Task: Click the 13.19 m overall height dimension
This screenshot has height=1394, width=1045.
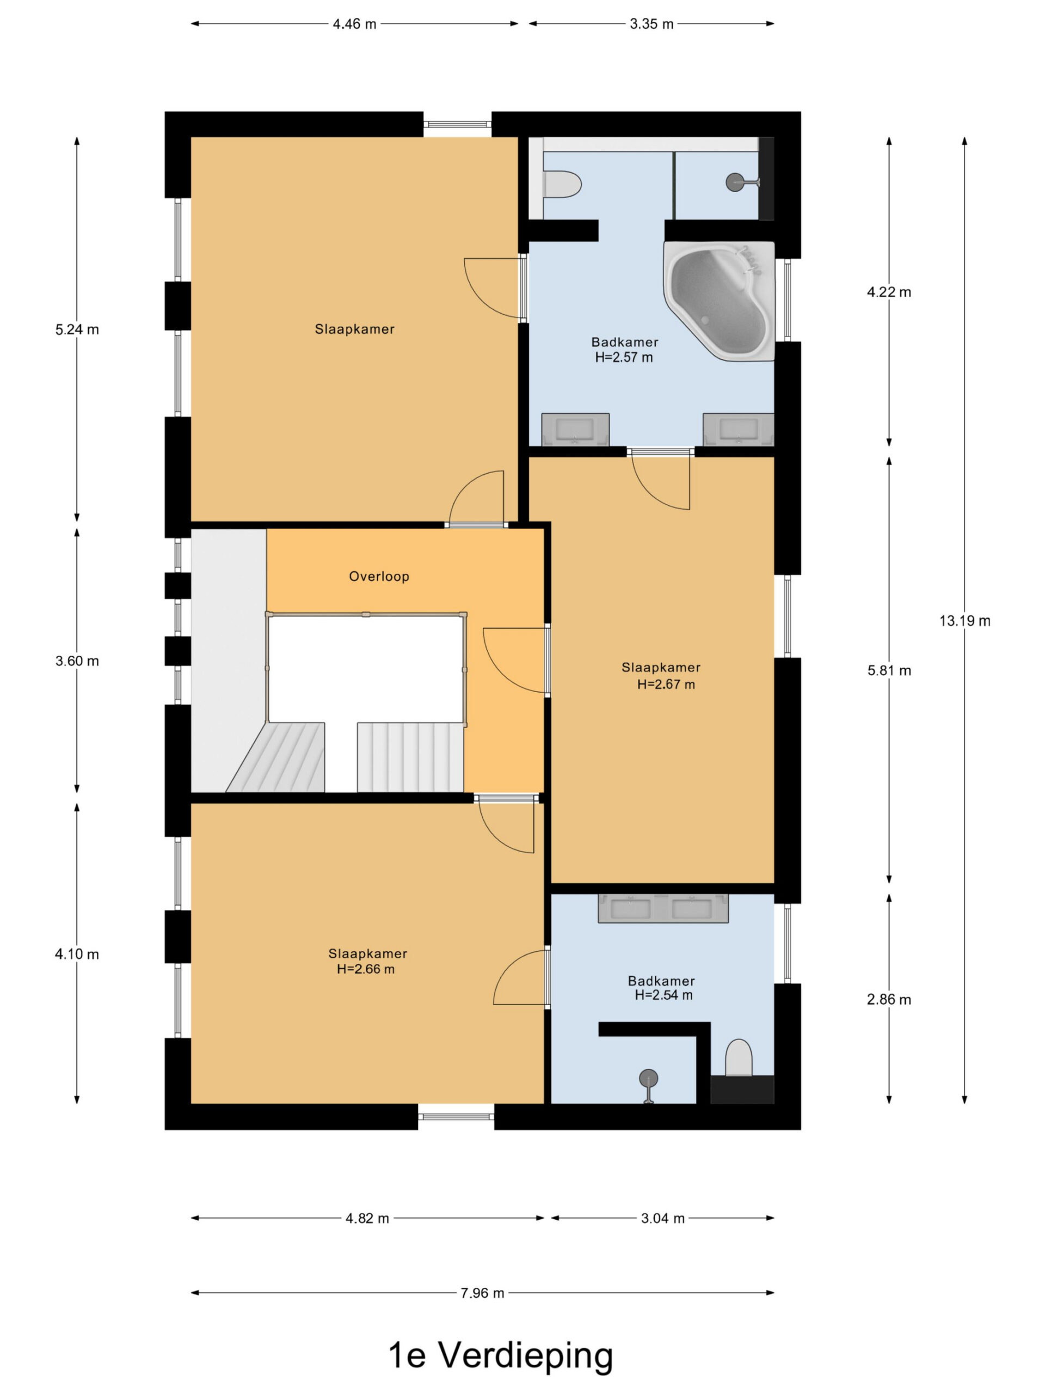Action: click(964, 621)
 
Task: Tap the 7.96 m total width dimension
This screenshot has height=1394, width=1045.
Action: click(482, 1293)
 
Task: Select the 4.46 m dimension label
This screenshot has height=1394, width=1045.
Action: click(355, 24)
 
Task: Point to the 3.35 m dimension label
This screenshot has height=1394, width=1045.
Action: click(651, 24)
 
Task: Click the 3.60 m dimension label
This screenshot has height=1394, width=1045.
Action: click(77, 661)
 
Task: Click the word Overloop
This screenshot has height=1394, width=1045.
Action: click(379, 576)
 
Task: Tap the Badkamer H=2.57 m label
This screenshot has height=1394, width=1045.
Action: click(624, 350)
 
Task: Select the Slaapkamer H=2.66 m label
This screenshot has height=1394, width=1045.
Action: click(367, 961)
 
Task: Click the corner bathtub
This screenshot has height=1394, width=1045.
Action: click(720, 301)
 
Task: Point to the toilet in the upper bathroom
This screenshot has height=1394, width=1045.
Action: click(562, 185)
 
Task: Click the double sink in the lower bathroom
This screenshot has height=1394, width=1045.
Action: click(663, 908)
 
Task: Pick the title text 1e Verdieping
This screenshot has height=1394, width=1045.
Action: click(501, 1355)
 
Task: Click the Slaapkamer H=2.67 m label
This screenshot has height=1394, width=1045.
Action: click(661, 676)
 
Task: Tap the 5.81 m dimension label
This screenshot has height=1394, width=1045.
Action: click(889, 670)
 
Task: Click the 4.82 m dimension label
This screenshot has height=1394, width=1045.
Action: click(367, 1218)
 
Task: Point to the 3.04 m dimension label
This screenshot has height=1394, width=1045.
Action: click(663, 1218)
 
